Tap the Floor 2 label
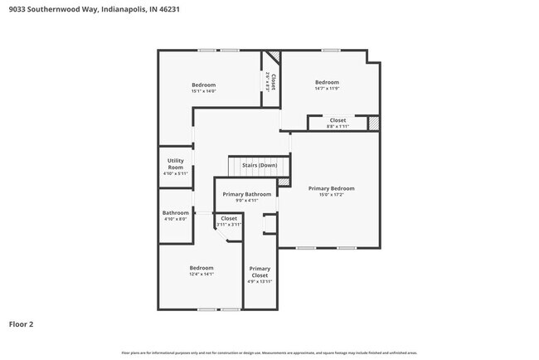tap(22, 324)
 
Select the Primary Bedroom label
tap(331, 188)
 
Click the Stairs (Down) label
tap(259, 165)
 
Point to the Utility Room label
tap(175, 164)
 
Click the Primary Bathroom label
tap(246, 194)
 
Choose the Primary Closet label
tap(260, 272)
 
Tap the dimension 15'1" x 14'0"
tap(203, 91)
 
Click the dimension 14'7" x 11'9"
tap(327, 89)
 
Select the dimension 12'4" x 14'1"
tap(202, 275)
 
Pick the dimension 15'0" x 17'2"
tap(331, 195)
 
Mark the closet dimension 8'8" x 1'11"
tap(337, 126)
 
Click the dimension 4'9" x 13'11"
tap(260, 281)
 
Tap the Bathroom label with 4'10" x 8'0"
tap(175, 212)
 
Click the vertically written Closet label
tap(273, 81)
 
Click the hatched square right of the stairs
tap(284, 181)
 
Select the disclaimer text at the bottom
tap(269, 353)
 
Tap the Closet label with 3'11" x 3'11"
tap(229, 218)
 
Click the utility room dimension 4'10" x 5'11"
tap(175, 173)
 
